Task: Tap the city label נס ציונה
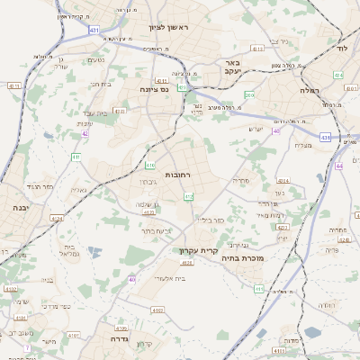[155, 89]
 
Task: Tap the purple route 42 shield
[85, 134]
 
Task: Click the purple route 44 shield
[339, 166]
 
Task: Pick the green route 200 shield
[249, 94]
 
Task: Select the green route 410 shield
[150, 166]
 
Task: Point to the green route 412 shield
[188, 196]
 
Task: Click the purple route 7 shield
[28, 346]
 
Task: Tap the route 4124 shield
[58, 217]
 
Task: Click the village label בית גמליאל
[70, 250]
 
